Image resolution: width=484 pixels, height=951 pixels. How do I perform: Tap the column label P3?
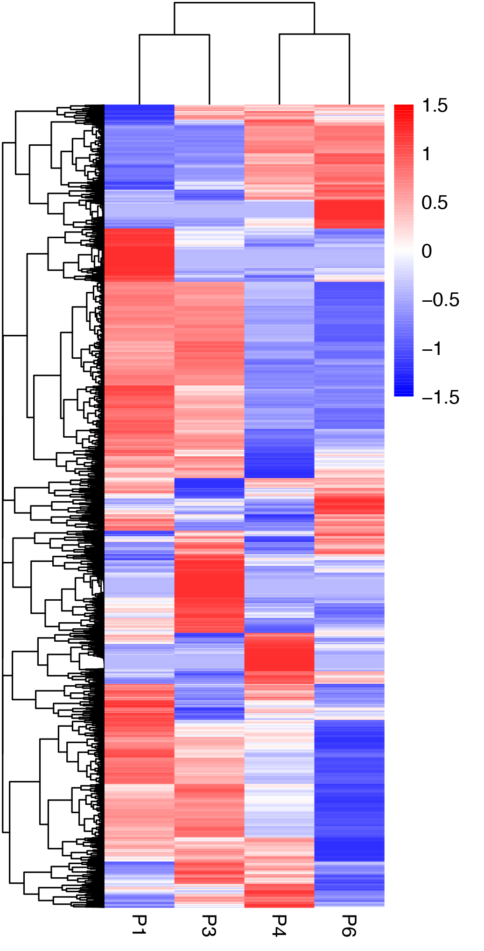[209, 925]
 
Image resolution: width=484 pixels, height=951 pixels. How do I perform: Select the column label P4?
[279, 925]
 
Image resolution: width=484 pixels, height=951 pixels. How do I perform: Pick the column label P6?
[349, 925]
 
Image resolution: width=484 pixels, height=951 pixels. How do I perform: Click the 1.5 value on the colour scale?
[435, 106]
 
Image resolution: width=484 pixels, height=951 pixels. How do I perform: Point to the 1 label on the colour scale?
[426, 154]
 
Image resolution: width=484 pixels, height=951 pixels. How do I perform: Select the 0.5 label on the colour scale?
[435, 203]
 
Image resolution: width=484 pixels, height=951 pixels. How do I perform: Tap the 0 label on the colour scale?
[427, 251]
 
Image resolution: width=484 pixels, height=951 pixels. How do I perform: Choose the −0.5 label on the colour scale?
[441, 300]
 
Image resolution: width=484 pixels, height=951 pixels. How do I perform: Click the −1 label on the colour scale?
[432, 348]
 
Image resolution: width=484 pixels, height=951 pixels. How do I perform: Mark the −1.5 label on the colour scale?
[441, 397]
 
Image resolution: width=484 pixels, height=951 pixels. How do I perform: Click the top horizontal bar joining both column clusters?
[244, 3]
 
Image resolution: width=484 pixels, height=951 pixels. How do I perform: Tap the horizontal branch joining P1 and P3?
[174, 35]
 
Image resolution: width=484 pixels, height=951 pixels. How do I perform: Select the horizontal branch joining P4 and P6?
[314, 34]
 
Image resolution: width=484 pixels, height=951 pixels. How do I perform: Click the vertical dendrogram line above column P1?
[139, 70]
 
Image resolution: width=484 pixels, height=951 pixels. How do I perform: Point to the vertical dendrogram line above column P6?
[349, 70]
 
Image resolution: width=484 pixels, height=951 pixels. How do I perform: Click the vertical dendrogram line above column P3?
[209, 70]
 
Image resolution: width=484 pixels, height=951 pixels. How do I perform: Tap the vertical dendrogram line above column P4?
[279, 70]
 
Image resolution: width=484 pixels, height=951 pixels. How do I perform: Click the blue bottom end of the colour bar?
[404, 392]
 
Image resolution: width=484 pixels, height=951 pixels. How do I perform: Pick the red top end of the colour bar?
[404, 108]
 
